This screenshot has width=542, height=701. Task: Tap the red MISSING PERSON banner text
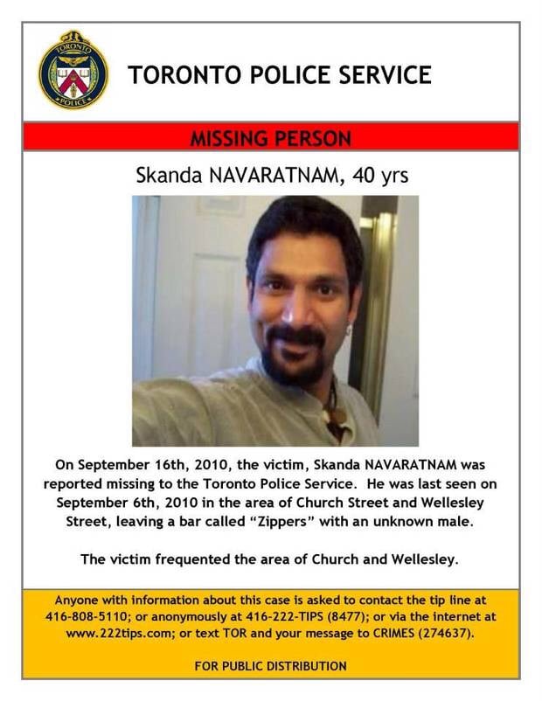pos(272,138)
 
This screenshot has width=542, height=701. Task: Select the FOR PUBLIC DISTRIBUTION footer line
pos(270,666)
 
